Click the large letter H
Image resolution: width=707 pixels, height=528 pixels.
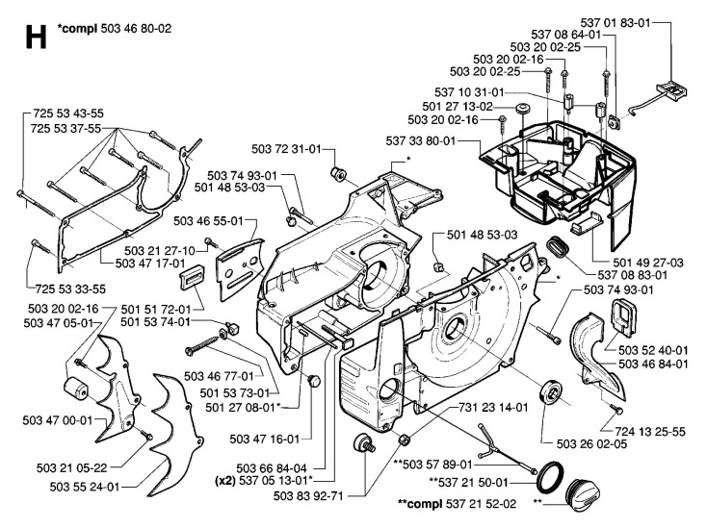[x=36, y=37]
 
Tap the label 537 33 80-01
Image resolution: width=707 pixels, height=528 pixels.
[x=421, y=140]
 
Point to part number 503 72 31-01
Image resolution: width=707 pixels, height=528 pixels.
[x=286, y=149]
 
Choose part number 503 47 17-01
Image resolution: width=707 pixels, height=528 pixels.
[x=150, y=263]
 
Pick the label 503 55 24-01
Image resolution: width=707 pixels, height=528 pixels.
[x=85, y=487]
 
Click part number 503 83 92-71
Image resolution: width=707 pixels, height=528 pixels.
[x=308, y=496]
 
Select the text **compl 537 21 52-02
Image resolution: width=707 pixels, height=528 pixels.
[x=458, y=504]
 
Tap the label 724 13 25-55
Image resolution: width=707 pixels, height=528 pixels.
[x=650, y=432]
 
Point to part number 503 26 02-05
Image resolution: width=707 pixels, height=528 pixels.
[x=591, y=443]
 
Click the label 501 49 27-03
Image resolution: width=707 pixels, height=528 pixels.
[x=648, y=263]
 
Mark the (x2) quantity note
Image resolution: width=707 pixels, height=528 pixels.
[x=225, y=481]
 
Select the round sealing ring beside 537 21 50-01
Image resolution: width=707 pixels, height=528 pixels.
[x=551, y=478]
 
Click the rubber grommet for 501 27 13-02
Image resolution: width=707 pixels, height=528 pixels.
[x=523, y=109]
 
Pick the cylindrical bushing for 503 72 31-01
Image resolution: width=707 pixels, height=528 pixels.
[x=338, y=173]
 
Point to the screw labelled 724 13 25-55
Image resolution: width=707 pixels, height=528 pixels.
[x=615, y=408]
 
